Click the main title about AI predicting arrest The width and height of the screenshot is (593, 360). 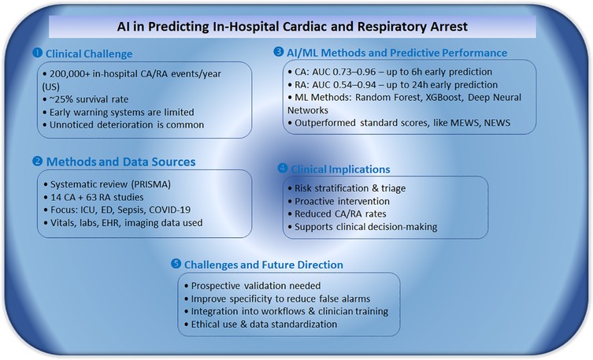point(298,25)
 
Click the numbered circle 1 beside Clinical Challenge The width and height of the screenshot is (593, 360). point(35,54)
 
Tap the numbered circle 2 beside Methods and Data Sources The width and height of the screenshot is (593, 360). point(35,162)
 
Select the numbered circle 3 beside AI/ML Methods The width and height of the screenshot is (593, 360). point(278,53)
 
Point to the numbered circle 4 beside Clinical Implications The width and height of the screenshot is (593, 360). point(283,168)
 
